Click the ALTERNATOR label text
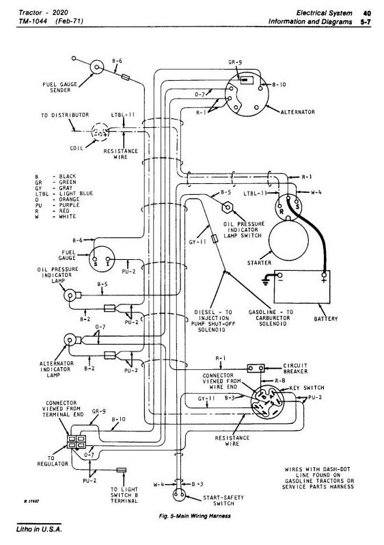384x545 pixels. [x=297, y=112]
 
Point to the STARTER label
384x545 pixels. [x=259, y=263]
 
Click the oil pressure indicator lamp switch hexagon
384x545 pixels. [x=227, y=207]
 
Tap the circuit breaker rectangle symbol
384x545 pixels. [x=256, y=368]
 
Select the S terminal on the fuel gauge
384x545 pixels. [x=94, y=259]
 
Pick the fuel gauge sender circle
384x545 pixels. [x=97, y=67]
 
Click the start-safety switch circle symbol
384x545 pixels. [x=179, y=494]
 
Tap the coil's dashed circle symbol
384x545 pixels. [x=100, y=132]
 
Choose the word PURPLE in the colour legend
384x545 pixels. [x=69, y=205]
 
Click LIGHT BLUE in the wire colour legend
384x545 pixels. [x=77, y=194]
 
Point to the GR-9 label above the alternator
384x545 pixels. [x=235, y=62]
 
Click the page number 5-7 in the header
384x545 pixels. [x=366, y=22]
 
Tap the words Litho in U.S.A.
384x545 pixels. [x=39, y=529]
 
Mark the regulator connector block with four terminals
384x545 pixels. [x=77, y=442]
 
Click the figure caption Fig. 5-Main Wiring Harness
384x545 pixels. [x=195, y=516]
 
